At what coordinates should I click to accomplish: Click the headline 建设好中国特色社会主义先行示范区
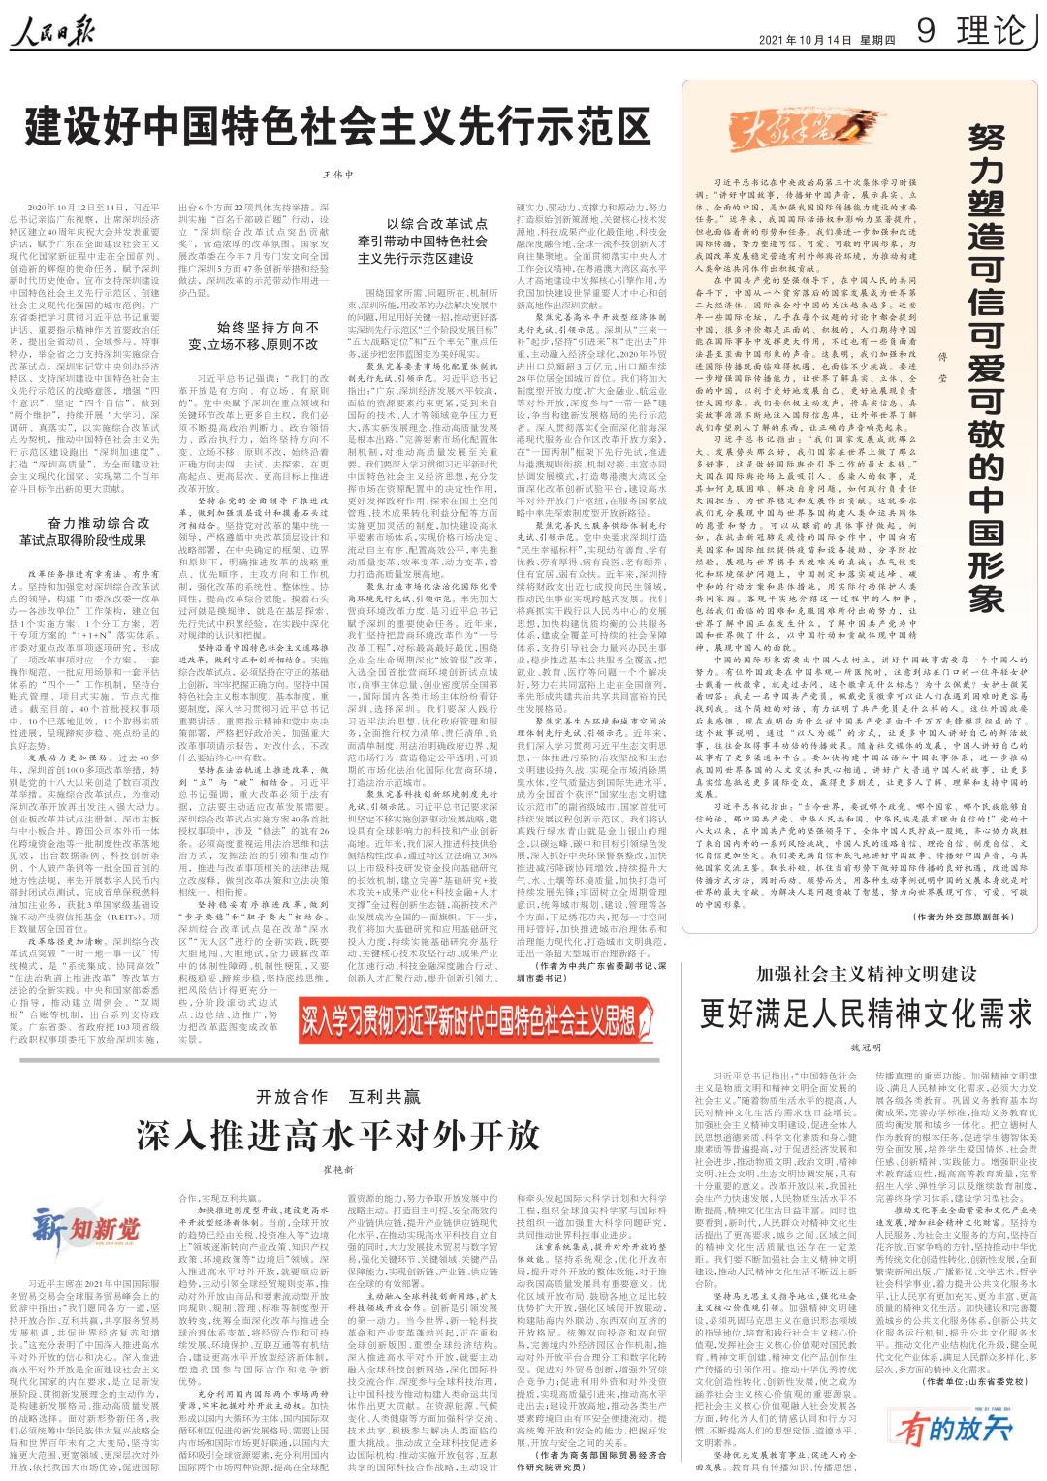pyautogui.click(x=337, y=125)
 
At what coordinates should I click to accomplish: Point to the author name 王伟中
pyautogui.click(x=337, y=176)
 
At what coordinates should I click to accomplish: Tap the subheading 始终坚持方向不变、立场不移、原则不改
pyautogui.click(x=253, y=336)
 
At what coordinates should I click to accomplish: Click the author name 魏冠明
pyautogui.click(x=866, y=1049)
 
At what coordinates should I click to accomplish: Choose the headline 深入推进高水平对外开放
pyautogui.click(x=337, y=1135)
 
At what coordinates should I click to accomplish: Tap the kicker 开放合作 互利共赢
pyautogui.click(x=337, y=1096)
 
